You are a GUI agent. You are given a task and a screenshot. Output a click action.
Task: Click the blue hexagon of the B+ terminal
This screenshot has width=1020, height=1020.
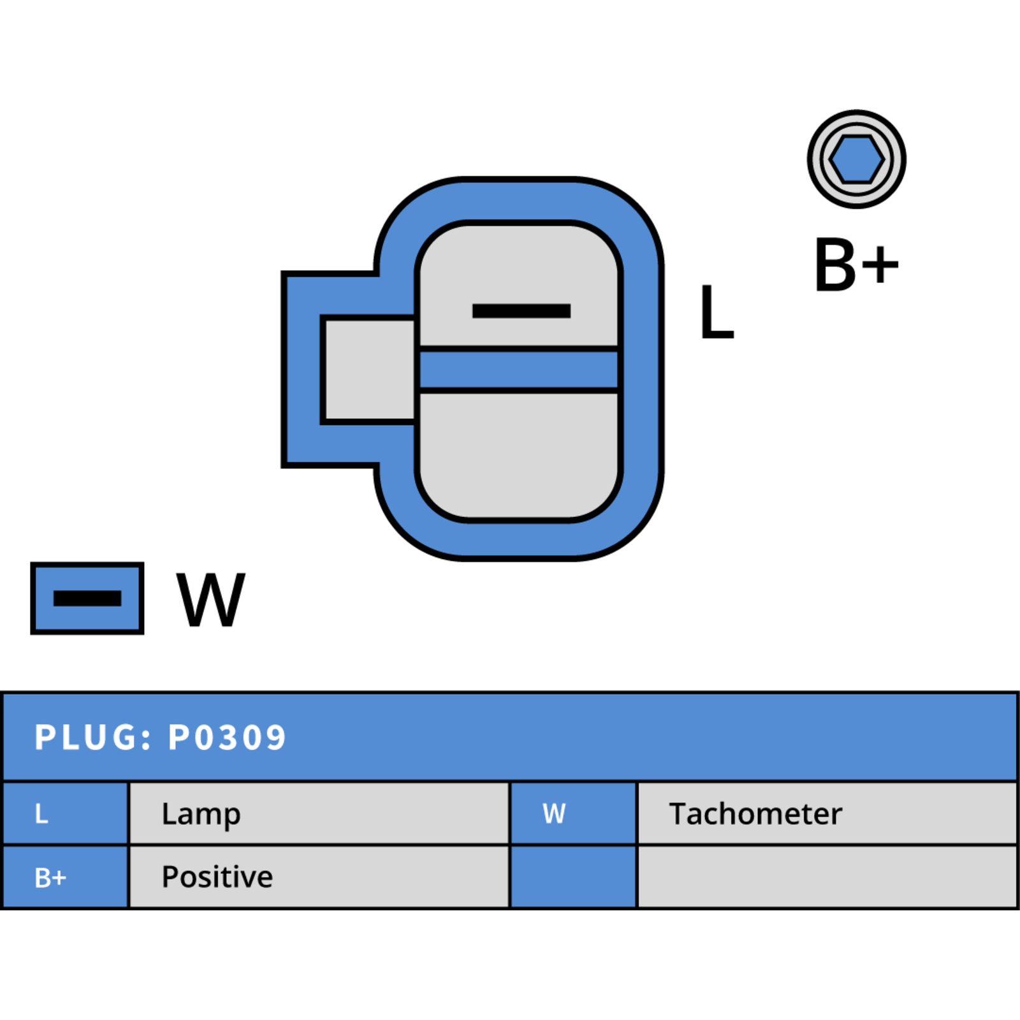pos(856,159)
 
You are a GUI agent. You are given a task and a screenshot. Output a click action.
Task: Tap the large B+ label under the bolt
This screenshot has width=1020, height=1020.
pos(857,265)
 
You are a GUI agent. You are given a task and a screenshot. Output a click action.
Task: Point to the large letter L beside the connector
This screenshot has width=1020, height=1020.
pos(717,312)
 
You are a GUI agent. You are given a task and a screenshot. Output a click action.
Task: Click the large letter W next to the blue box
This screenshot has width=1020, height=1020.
pos(210,599)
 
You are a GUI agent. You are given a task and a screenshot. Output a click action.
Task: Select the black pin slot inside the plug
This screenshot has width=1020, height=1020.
pos(521,311)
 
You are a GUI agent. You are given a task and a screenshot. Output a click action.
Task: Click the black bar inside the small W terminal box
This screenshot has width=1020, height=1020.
pos(87,599)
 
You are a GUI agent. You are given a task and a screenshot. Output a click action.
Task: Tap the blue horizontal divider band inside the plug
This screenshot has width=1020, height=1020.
pos(519,369)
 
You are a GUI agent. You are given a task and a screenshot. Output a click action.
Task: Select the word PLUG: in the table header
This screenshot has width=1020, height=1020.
pos(93,738)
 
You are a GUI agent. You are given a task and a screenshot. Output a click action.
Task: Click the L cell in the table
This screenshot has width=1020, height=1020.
pos(66,813)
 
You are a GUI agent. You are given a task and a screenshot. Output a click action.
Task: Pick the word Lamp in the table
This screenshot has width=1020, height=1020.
pos(201,815)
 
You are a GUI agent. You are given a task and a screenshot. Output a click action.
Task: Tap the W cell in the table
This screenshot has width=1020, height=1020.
pos(574,813)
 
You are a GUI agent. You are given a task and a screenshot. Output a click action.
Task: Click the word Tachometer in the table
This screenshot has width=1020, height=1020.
pos(755,814)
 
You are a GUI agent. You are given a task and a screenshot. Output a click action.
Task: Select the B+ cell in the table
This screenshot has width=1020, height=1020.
pos(66,877)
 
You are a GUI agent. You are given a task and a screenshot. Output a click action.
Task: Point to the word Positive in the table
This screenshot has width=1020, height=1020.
pos(217,877)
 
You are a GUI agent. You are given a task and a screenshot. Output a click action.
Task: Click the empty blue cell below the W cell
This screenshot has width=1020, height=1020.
pos(574,877)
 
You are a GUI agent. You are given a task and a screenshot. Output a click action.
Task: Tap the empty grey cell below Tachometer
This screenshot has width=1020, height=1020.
pos(827,877)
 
